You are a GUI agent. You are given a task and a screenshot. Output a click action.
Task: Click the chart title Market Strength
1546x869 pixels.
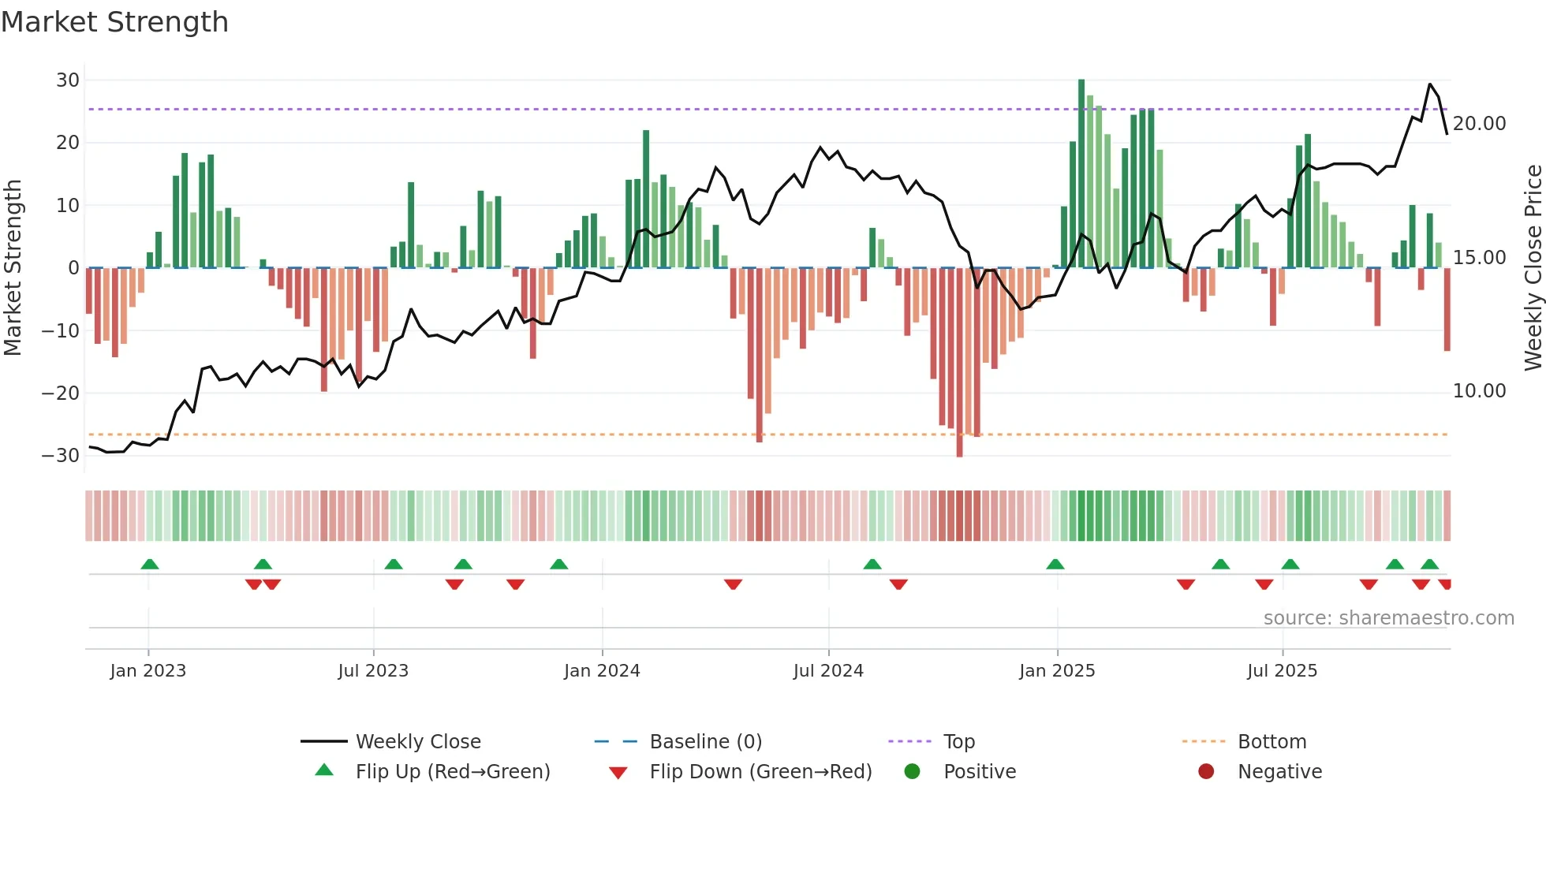pyautogui.click(x=114, y=22)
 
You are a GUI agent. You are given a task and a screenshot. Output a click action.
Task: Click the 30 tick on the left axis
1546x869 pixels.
pyautogui.click(x=68, y=80)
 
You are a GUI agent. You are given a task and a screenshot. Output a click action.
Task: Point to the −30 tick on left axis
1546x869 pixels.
pyautogui.click(x=61, y=456)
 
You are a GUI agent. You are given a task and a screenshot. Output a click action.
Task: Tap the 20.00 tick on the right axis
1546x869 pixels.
pyautogui.click(x=1479, y=124)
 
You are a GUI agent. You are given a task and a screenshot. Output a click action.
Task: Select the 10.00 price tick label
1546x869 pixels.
pyautogui.click(x=1479, y=391)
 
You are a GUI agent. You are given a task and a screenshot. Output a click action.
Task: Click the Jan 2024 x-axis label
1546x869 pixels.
pyautogui.click(x=602, y=671)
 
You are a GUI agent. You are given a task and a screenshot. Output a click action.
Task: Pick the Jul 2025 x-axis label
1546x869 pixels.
pyautogui.click(x=1282, y=671)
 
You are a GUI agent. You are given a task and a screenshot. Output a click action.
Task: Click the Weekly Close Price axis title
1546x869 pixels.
pyautogui.click(x=1533, y=268)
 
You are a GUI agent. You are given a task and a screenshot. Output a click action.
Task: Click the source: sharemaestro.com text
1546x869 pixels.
pyautogui.click(x=1388, y=618)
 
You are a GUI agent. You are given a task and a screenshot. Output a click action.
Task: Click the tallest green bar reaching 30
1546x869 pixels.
pyautogui.click(x=1081, y=173)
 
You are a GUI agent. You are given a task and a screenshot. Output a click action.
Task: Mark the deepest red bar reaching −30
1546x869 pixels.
pyautogui.click(x=959, y=363)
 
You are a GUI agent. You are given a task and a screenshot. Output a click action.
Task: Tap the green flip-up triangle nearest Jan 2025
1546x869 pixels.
pyautogui.click(x=1055, y=564)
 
